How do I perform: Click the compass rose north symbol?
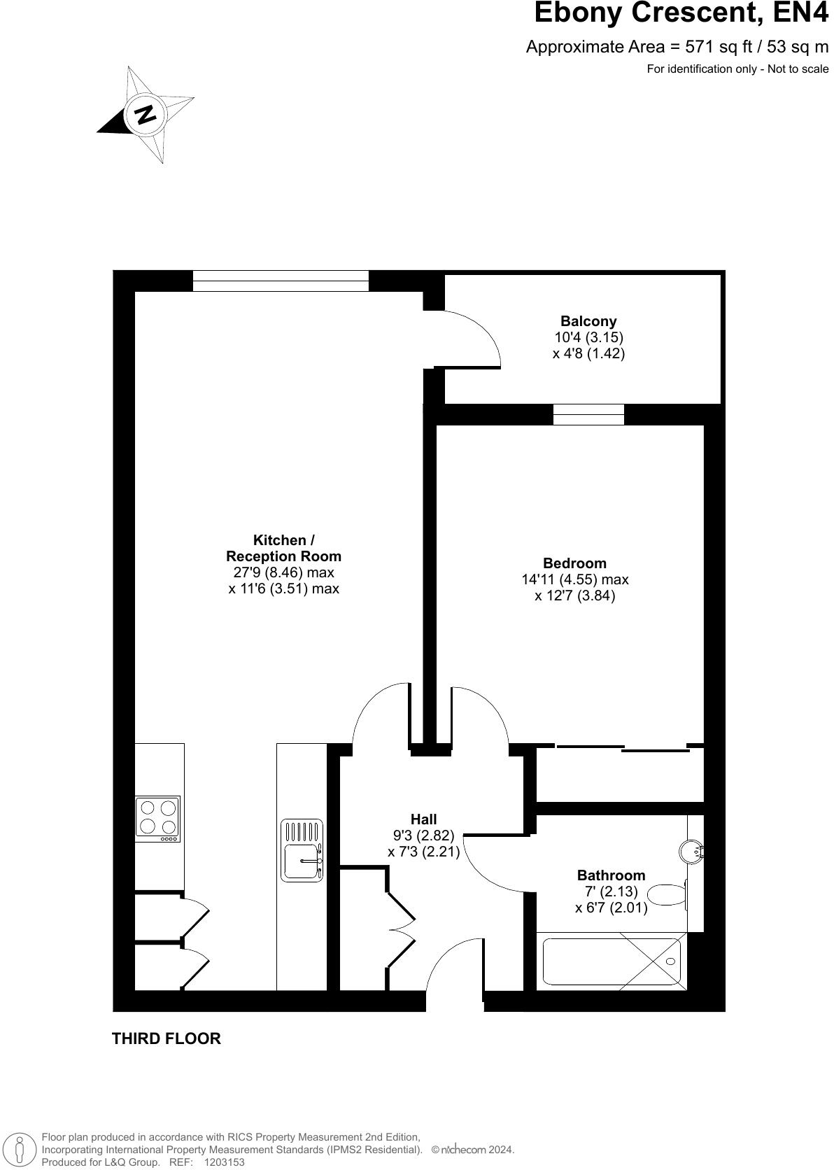coord(145,114)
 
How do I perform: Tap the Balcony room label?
coord(588,321)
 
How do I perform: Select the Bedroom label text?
coord(574,563)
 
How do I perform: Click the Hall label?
coord(423,819)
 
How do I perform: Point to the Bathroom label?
coord(611,875)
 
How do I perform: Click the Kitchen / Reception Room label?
coord(283,549)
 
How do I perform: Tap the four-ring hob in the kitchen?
coord(157,818)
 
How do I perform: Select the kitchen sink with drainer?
coord(302,850)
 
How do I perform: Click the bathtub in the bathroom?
coord(612,964)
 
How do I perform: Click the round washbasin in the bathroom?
coord(690,851)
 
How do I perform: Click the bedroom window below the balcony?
coord(588,414)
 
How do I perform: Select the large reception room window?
coord(281,281)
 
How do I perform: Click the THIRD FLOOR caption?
coord(166,1039)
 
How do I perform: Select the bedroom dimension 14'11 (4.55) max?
coord(574,579)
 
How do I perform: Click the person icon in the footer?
coord(21,1149)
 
